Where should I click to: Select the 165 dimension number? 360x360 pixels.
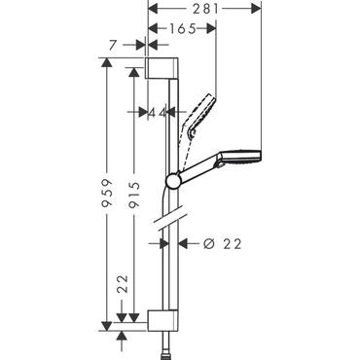(x=182, y=30)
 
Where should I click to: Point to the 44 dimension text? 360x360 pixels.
(x=155, y=112)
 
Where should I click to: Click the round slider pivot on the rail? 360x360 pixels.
(x=173, y=179)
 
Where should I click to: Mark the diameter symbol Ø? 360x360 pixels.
(x=196, y=243)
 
